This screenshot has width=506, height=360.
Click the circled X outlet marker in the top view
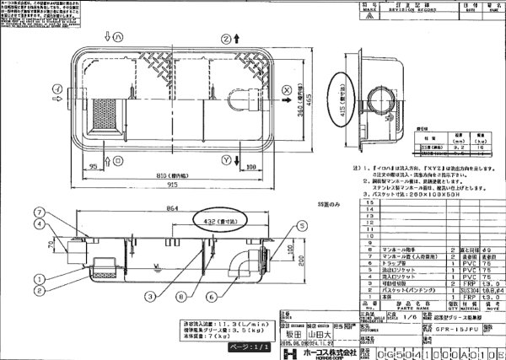pyautogui.click(x=287, y=89)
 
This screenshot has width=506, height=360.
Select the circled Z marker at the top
pyautogui.click(x=225, y=39)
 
